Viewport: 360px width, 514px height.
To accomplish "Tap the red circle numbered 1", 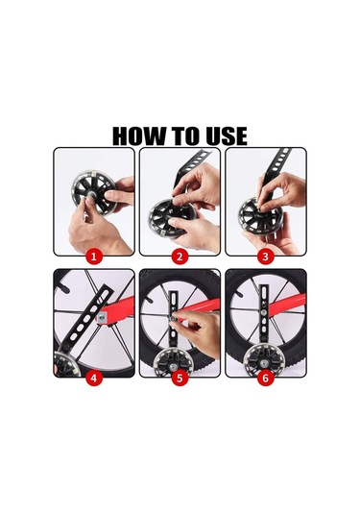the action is (x=94, y=256).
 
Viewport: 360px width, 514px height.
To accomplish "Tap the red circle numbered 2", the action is (x=180, y=256).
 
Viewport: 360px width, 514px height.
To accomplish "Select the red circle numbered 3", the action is (x=265, y=256).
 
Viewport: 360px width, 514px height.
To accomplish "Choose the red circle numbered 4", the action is (x=94, y=378).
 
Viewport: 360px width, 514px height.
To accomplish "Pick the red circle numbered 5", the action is (x=180, y=378).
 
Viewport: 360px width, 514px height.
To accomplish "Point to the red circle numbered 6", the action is (x=265, y=378).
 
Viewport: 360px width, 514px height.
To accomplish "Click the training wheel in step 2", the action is (x=167, y=218).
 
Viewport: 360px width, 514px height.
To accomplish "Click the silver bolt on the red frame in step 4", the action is (x=103, y=317).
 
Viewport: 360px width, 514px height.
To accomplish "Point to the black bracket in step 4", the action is (x=86, y=320).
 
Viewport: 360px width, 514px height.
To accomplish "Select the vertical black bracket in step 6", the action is (x=264, y=316).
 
